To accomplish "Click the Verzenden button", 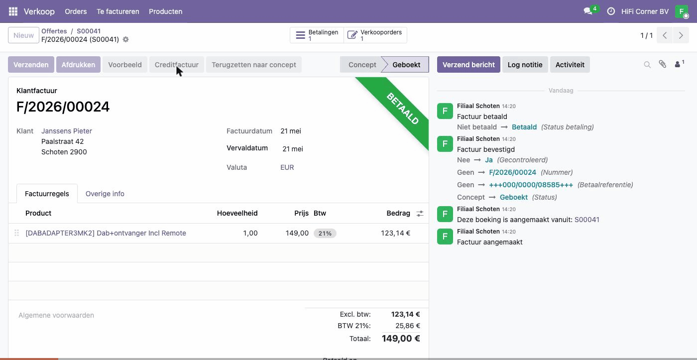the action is click(31, 64).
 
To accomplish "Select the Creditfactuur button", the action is click(176, 64).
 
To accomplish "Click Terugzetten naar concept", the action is click(253, 64).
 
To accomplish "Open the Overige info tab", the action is click(105, 194).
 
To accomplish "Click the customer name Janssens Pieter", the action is click(67, 131).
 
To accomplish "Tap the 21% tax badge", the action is click(325, 234).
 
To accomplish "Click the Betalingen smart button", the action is click(317, 35).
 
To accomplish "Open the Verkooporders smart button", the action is click(375, 35).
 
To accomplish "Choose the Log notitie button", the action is click(525, 64).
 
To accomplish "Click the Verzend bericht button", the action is click(468, 64).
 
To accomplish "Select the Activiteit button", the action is click(570, 64).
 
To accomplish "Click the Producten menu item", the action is click(165, 11).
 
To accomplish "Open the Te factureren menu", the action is click(117, 11).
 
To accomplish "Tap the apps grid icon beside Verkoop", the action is click(13, 11).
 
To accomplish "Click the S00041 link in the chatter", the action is click(586, 220).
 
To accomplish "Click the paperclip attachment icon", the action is click(662, 64).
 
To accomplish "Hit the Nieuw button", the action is click(23, 35).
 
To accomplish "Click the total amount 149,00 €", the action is click(401, 338).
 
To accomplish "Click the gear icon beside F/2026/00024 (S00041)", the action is click(125, 39).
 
